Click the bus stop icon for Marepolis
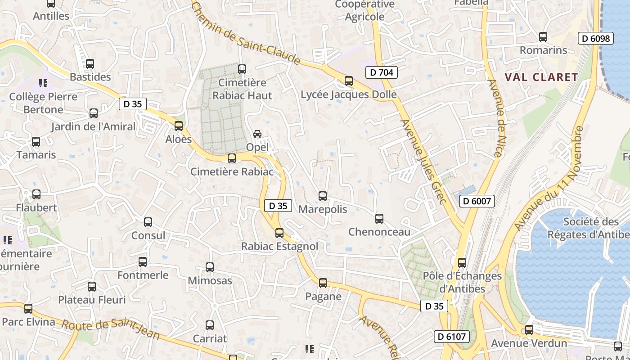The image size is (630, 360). click(x=323, y=196)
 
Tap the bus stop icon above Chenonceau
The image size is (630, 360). click(x=379, y=219)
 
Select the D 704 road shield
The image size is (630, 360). click(x=382, y=72)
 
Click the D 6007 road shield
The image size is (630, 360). click(x=477, y=201)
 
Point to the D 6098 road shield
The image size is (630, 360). click(x=596, y=38)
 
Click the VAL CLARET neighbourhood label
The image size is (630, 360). click(x=541, y=77)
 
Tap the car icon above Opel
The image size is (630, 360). click(x=257, y=134)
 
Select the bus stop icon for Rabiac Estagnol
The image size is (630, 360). click(x=279, y=233)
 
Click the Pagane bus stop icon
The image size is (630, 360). click(x=323, y=283)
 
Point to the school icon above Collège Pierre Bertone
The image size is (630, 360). click(x=43, y=83)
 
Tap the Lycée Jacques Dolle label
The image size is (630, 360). click(x=348, y=94)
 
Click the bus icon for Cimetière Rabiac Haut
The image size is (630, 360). click(x=242, y=69)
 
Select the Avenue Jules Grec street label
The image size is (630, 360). click(x=423, y=161)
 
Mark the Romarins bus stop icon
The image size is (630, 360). click(x=543, y=37)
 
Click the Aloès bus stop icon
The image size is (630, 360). click(x=179, y=126)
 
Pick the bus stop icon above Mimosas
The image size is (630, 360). click(x=210, y=267)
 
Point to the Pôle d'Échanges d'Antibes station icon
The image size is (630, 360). click(x=462, y=263)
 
